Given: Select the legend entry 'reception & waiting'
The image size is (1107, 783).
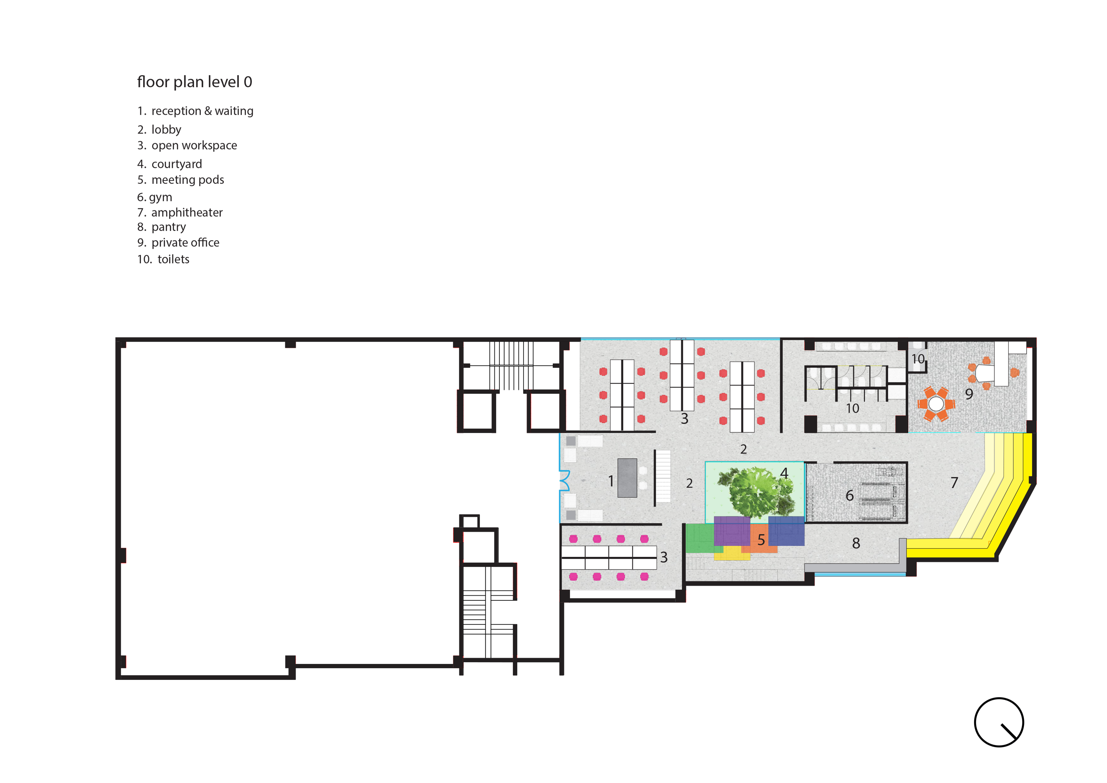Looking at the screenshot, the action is [203, 111].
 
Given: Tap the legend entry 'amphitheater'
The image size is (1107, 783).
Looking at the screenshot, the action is [187, 213].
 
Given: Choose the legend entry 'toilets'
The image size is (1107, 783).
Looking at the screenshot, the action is [174, 259].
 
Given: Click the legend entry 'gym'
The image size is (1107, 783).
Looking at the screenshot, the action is [161, 197].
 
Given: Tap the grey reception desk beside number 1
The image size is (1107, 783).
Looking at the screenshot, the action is [627, 478].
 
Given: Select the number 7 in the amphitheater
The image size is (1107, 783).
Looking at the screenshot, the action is [954, 483].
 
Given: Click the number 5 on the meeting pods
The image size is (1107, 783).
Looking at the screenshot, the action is [761, 540].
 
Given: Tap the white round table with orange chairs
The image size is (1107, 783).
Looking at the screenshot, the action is [936, 404].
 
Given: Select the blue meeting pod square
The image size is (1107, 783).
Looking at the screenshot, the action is [786, 531].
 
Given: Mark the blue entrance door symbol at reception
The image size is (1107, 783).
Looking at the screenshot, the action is [564, 481].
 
